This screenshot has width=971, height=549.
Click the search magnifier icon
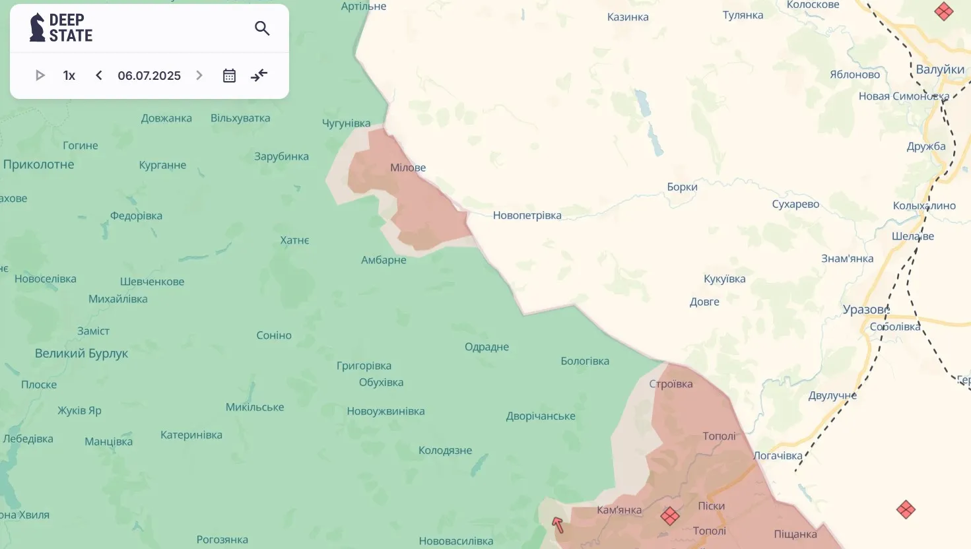(262, 28)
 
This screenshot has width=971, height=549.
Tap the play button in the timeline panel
(40, 75)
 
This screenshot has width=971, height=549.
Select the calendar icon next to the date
(229, 75)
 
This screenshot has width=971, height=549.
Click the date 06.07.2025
(149, 75)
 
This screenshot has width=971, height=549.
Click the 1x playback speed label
(69, 75)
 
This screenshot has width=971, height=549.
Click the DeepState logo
(61, 28)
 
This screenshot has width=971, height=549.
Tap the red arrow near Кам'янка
(558, 525)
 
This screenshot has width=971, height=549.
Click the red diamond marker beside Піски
(670, 516)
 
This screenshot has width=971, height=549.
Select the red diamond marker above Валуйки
(944, 11)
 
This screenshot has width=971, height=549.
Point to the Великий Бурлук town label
(81, 354)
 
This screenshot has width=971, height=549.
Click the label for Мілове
(408, 168)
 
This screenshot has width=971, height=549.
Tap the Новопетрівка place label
(527, 215)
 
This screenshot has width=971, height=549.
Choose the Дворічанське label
(541, 416)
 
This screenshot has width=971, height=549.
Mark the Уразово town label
(866, 309)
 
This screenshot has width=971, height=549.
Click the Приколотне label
(38, 164)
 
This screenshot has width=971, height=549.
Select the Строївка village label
(671, 384)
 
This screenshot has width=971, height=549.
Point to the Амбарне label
(384, 260)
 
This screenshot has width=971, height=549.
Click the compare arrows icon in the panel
(259, 75)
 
